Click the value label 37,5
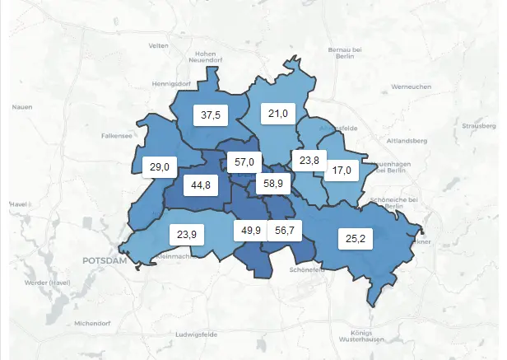[x=212, y=115]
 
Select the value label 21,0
[x=279, y=114]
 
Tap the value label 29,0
[x=159, y=166]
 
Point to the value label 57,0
[x=244, y=162]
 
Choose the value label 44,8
[x=200, y=185]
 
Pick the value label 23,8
[x=309, y=161]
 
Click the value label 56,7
[x=285, y=231]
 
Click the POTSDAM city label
[x=105, y=260]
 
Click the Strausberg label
[x=479, y=127]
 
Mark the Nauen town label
[x=22, y=107]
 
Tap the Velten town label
[x=159, y=44]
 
